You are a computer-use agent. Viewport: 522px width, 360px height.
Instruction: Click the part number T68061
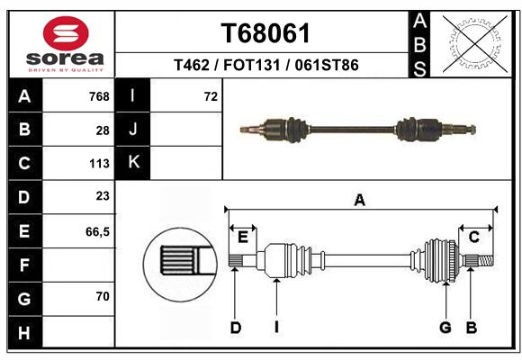[265, 33]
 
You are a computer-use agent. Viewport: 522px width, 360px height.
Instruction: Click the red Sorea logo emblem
[66, 33]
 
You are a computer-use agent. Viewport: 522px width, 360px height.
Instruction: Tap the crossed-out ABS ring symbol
[475, 44]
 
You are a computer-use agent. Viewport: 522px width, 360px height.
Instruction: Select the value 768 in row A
[99, 96]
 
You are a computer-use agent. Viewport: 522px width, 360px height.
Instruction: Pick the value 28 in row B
[103, 130]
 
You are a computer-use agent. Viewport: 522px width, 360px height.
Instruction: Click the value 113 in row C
[99, 164]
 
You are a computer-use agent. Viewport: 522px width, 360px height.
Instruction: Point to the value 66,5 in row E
[97, 232]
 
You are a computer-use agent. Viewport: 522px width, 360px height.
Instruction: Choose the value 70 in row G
[103, 296]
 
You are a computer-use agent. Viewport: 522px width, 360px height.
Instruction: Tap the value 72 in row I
[211, 96]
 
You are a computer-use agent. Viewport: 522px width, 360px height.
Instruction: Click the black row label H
[25, 332]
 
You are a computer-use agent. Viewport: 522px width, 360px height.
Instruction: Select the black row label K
[133, 163]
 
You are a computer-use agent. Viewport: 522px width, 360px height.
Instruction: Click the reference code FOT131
[252, 65]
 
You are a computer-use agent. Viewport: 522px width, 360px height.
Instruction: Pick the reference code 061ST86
[327, 65]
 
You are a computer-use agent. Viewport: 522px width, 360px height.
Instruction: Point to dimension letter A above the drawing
[359, 201]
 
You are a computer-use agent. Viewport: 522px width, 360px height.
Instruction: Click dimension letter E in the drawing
[243, 238]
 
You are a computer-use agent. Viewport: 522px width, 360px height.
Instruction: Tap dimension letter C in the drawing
[474, 237]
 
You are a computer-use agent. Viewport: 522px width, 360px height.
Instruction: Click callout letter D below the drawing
[236, 328]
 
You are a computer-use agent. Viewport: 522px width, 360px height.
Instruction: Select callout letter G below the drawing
[445, 328]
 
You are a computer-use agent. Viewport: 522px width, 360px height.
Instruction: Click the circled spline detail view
[180, 265]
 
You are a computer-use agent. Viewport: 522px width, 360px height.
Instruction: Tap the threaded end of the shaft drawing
[486, 260]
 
